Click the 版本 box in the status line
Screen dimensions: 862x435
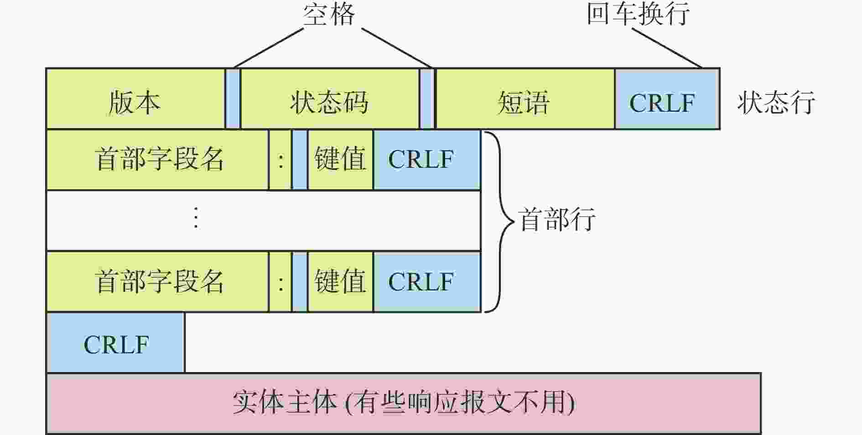tap(135, 99)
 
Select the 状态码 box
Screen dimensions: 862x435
tap(329, 99)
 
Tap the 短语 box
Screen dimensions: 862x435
tap(525, 99)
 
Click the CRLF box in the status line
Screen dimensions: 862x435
tap(667, 99)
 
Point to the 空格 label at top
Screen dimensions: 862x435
tap(329, 14)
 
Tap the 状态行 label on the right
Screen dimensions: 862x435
tap(776, 102)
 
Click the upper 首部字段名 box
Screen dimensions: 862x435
tap(157, 160)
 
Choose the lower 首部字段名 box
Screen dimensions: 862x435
tap(157, 282)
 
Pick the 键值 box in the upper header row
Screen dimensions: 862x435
tap(340, 160)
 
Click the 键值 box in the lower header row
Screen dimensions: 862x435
tap(340, 282)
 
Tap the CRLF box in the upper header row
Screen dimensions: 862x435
tap(427, 160)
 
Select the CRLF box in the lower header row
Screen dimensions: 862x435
tap(427, 282)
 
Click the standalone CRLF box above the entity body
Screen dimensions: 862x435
tap(116, 342)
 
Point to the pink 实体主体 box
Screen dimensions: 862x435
tap(404, 403)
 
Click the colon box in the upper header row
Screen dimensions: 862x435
tap(280, 160)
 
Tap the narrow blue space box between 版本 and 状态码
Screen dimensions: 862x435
tap(233, 99)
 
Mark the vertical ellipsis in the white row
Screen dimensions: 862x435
tap(196, 218)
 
